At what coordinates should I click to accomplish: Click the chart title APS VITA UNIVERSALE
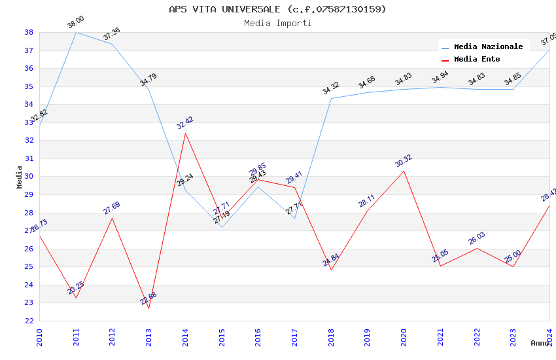click(277, 9)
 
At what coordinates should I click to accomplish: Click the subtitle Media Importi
click(277, 23)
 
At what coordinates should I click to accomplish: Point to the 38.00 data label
click(76, 23)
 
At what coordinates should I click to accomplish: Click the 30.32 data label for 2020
click(404, 161)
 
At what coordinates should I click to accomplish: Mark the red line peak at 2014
click(185, 133)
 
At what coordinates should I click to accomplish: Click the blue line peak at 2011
click(76, 32)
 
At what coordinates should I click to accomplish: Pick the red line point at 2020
click(404, 171)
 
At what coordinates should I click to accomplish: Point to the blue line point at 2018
click(331, 98)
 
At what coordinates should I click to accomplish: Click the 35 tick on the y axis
click(29, 86)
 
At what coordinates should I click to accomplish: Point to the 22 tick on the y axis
click(29, 321)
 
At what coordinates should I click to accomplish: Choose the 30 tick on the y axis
click(29, 177)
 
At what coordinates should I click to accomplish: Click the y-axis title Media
click(19, 177)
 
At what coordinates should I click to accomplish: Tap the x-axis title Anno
click(540, 343)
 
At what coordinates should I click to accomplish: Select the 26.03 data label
click(477, 238)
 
